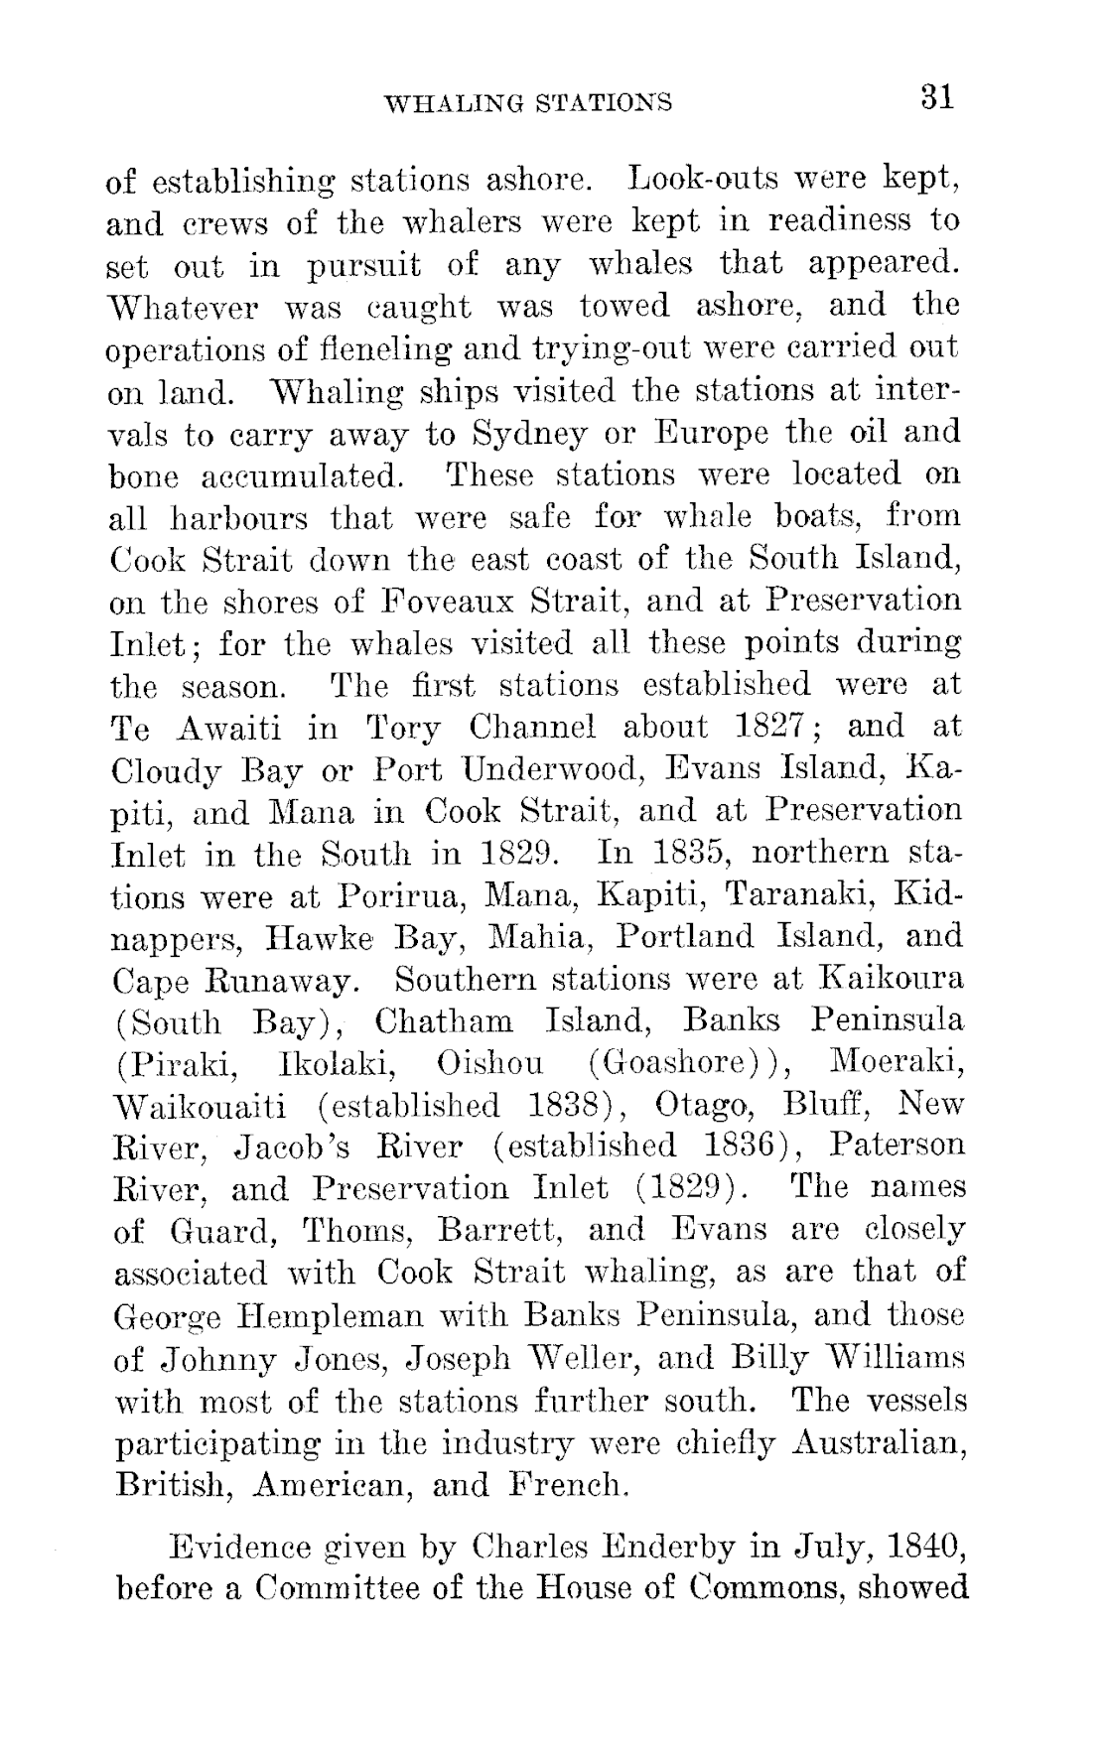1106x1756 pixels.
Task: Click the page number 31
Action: pos(937,98)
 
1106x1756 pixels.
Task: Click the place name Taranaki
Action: pos(797,896)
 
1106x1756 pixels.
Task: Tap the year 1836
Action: pos(735,1147)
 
